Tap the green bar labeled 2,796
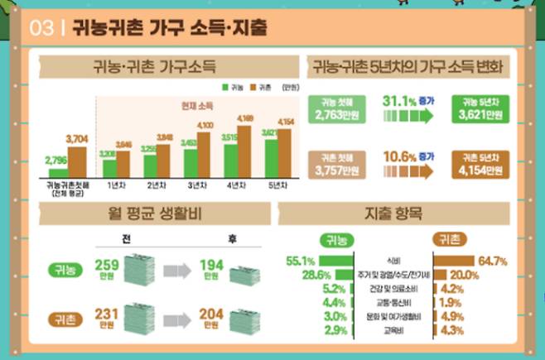(58, 172)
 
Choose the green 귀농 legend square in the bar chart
(224, 86)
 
